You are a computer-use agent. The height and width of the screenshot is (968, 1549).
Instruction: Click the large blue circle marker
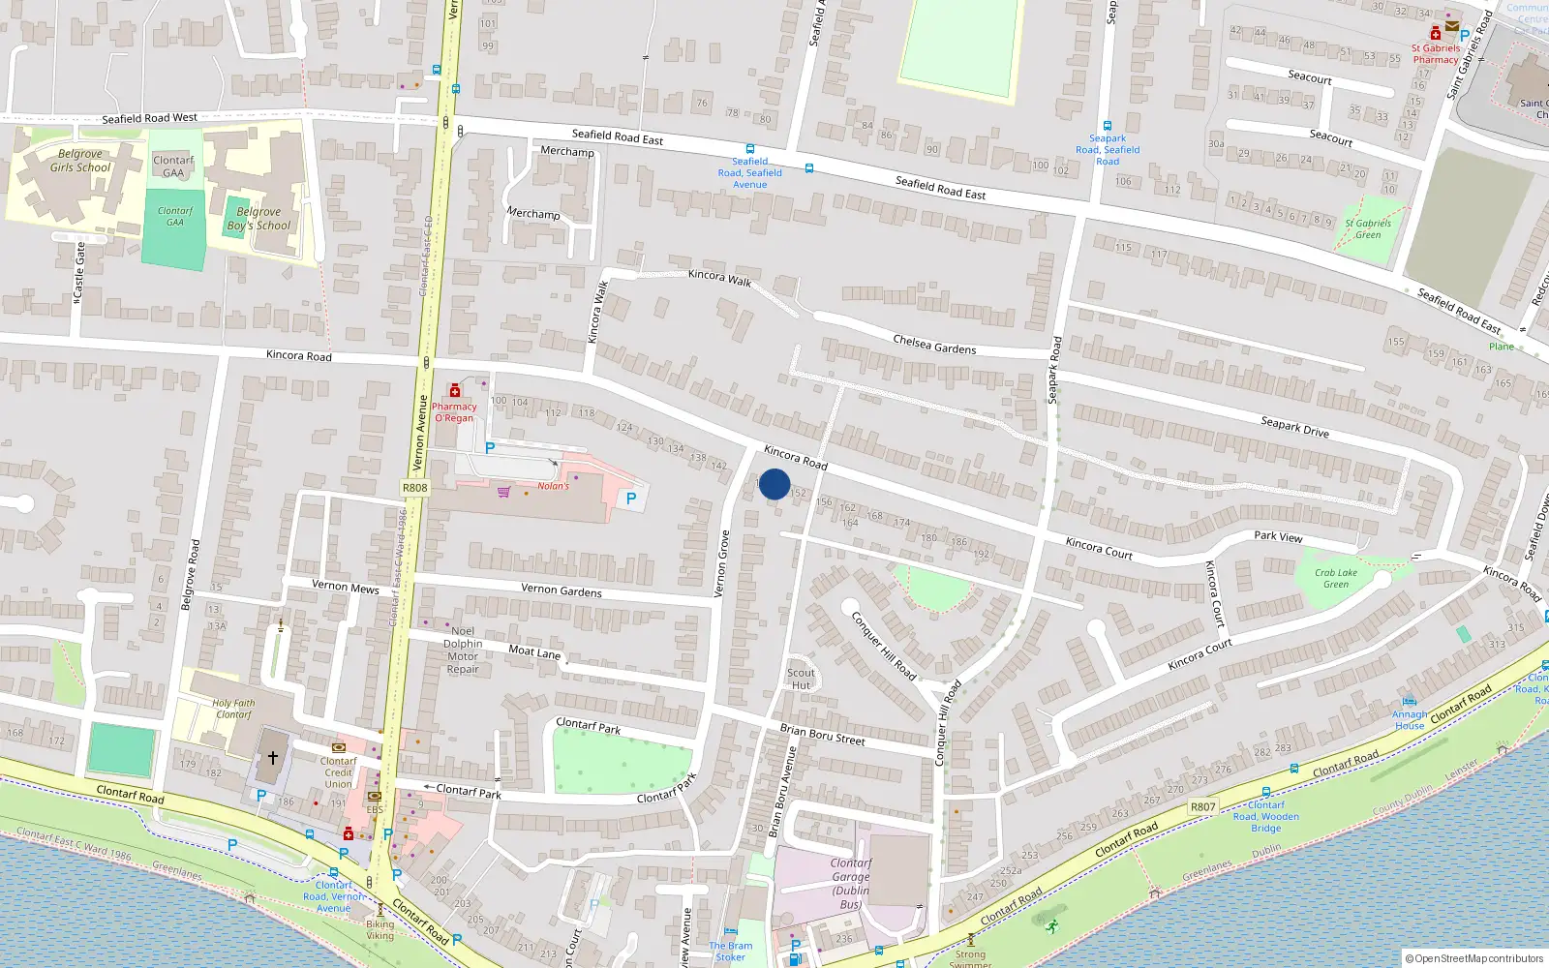[x=774, y=484]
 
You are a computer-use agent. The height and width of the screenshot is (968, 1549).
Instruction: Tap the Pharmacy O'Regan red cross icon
[x=455, y=391]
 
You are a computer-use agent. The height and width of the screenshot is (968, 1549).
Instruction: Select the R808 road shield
[x=414, y=488]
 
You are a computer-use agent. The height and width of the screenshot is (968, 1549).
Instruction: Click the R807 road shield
[x=1202, y=806]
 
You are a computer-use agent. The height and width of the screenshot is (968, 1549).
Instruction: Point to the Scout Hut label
[x=801, y=679]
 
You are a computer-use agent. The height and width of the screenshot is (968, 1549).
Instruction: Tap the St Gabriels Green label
[x=1367, y=228]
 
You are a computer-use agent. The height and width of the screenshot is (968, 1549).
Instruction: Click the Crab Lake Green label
[x=1335, y=578]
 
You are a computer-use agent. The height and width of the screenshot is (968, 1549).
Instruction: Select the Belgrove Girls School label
[x=80, y=161]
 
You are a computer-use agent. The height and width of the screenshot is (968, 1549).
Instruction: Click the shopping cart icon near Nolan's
[x=503, y=492]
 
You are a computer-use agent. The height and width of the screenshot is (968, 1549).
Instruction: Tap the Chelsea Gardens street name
[x=934, y=345]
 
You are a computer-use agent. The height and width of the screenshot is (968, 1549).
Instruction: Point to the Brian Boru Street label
[x=822, y=735]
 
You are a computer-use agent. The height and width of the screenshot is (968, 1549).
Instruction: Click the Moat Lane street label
[x=534, y=651]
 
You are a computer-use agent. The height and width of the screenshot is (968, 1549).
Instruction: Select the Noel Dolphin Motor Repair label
[x=463, y=650]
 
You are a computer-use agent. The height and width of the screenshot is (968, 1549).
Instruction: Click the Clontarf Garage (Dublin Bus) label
[x=850, y=884]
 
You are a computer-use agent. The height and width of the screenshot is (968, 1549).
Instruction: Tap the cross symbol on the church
[x=273, y=758]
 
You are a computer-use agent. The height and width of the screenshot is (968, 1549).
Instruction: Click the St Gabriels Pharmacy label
[x=1435, y=53]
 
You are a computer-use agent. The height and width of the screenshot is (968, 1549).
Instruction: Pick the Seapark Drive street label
[x=1294, y=426]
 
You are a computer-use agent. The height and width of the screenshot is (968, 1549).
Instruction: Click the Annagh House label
[x=1410, y=720]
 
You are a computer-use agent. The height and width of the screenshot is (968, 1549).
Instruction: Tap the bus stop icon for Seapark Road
[x=1107, y=126]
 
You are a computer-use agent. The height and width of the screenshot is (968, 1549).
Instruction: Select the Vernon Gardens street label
[x=561, y=590]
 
